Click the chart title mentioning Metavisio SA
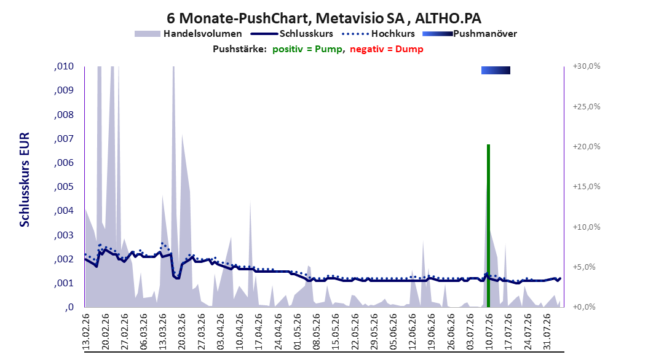coord(324,18)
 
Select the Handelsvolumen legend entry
coord(189,34)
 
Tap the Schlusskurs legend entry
coord(292,34)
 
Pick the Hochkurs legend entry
coord(379,34)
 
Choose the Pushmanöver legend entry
coord(470,34)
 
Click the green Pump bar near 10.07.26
coord(488,226)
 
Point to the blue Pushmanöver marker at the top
coord(496,71)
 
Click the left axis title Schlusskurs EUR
coord(25,179)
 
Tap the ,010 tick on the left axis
coord(64,66)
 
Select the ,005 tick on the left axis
coord(64,187)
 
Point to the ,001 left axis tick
coord(64,283)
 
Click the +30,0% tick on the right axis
coord(587,66)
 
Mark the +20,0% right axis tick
coord(587,147)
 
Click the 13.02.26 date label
coord(86,332)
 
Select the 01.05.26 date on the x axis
coord(298,332)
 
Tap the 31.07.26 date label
coord(548,332)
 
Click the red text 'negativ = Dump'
coord(387,49)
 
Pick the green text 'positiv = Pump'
coord(307,49)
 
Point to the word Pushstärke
coord(240,49)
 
